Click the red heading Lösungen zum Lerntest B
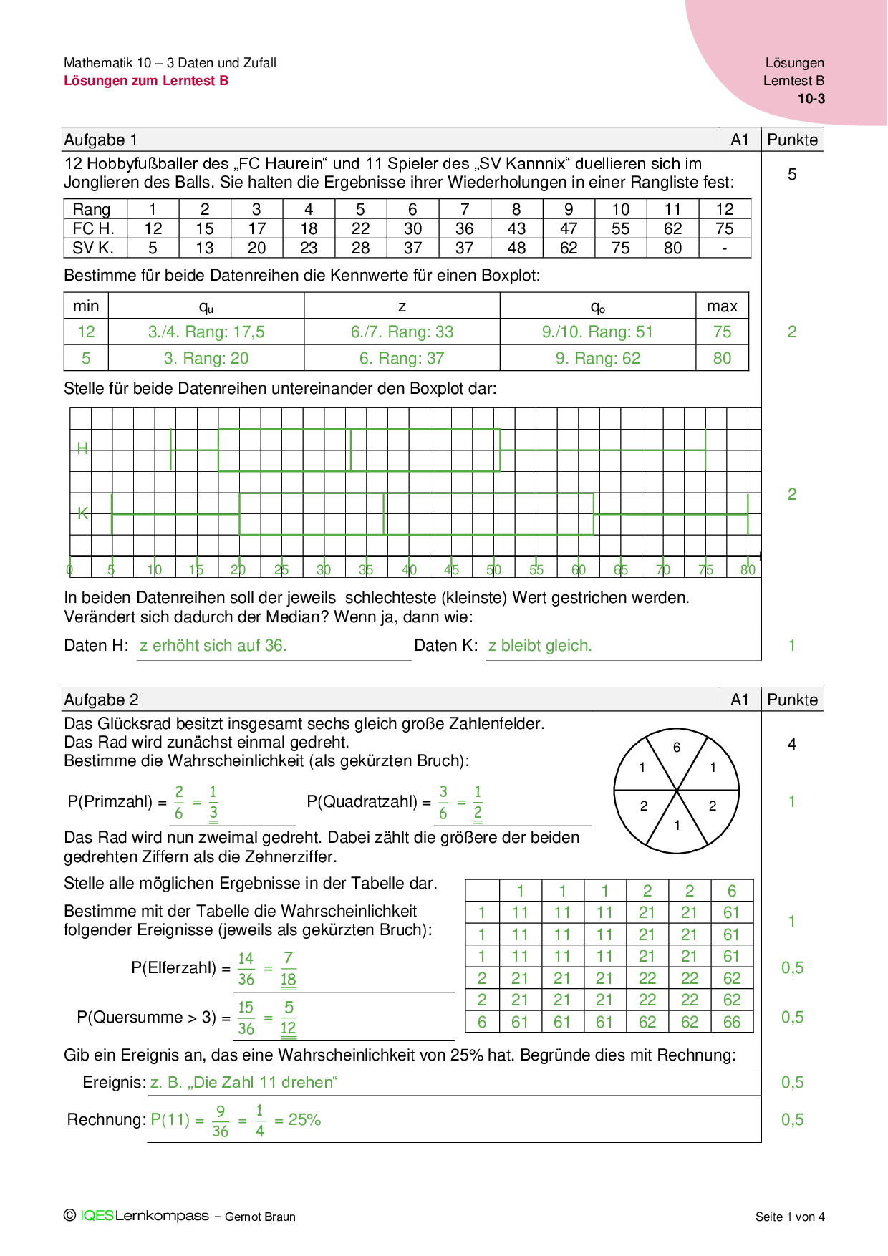[x=146, y=81]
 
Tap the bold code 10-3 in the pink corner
[x=811, y=99]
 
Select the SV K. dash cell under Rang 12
[x=724, y=248]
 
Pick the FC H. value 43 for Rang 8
[x=516, y=229]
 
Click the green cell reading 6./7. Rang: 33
[x=402, y=332]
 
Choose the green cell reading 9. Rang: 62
[x=598, y=359]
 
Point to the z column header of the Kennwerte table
[x=402, y=306]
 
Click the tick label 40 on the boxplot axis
[x=409, y=570]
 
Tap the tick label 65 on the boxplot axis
[x=621, y=570]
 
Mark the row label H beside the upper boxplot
[x=82, y=448]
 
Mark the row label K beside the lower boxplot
[x=82, y=513]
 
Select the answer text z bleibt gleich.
[x=540, y=646]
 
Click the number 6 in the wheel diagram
[x=677, y=748]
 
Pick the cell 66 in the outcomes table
[x=732, y=1023]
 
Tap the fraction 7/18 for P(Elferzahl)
[x=288, y=969]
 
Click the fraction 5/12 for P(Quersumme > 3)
[x=288, y=1018]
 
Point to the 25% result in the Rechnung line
[x=304, y=1120]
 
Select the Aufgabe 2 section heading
[x=101, y=700]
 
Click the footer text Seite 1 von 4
[x=790, y=1217]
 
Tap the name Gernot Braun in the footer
[x=260, y=1217]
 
